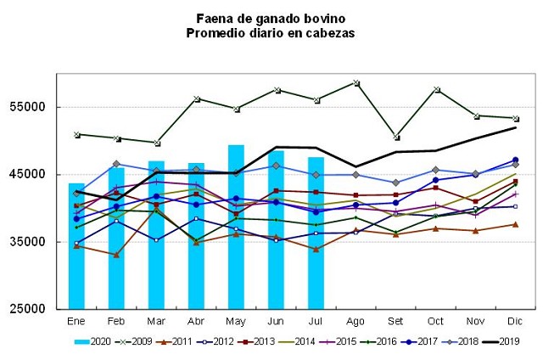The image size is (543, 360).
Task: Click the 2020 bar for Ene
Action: tap(76, 246)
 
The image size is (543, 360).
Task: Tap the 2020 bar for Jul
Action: tap(316, 233)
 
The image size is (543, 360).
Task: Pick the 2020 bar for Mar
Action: tap(156, 234)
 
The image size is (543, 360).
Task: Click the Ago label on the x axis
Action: tap(355, 322)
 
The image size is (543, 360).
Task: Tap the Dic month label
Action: tap(515, 322)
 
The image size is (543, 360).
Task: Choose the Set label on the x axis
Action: tap(395, 322)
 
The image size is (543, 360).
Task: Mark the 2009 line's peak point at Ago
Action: tap(355, 82)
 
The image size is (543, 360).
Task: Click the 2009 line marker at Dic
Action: tap(515, 118)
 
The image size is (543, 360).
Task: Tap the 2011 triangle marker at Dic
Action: tap(515, 224)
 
